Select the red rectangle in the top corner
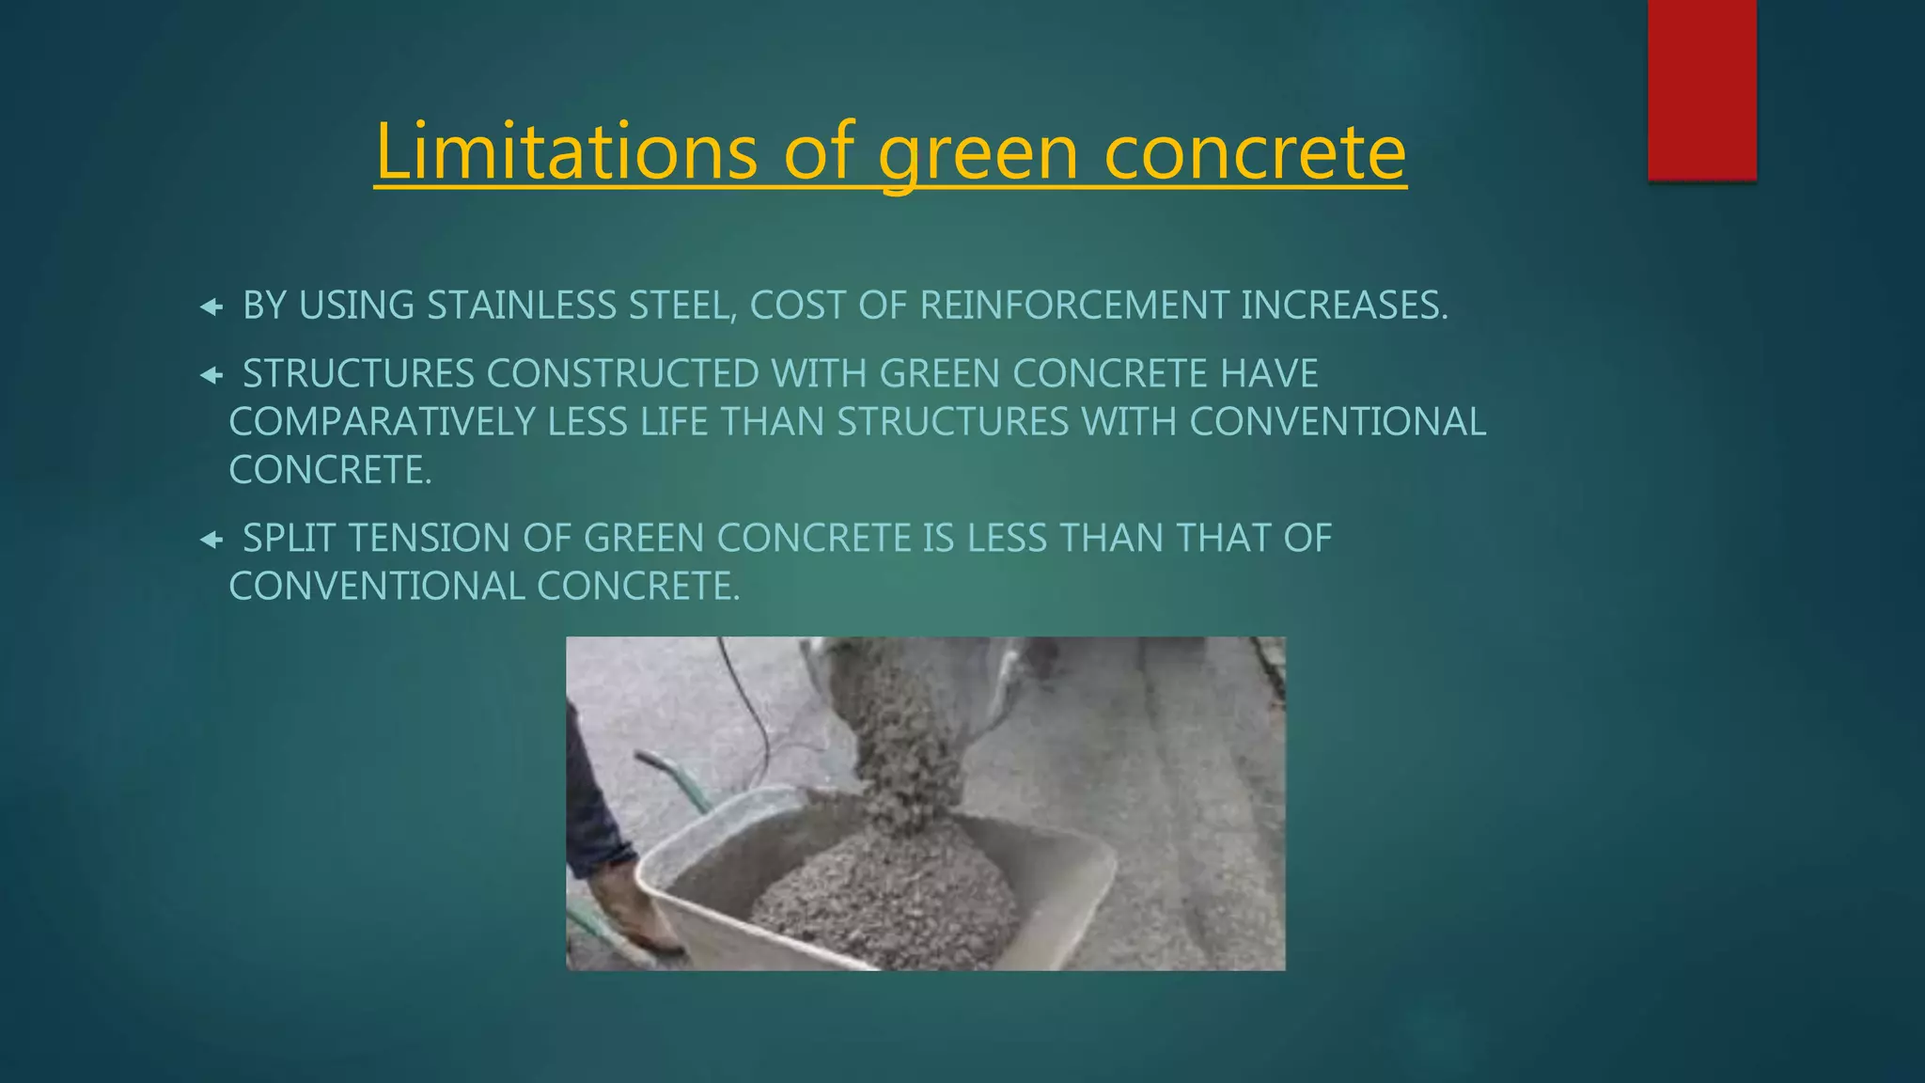point(1701,90)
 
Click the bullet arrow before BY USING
point(211,306)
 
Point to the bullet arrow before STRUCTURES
point(211,375)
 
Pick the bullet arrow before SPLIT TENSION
point(211,540)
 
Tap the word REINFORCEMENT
point(1073,306)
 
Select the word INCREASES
point(1344,306)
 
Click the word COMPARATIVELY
point(383,422)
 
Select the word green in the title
point(978,152)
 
